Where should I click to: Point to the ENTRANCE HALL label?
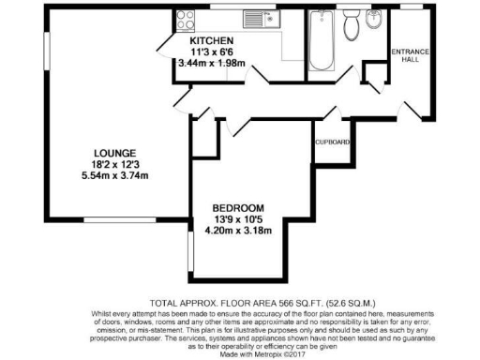coord(409,54)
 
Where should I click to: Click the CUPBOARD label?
coord(333,142)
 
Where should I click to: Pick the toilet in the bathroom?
coord(351,28)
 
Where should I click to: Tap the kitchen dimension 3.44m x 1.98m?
coord(211,64)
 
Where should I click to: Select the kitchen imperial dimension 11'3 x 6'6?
coord(211,53)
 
